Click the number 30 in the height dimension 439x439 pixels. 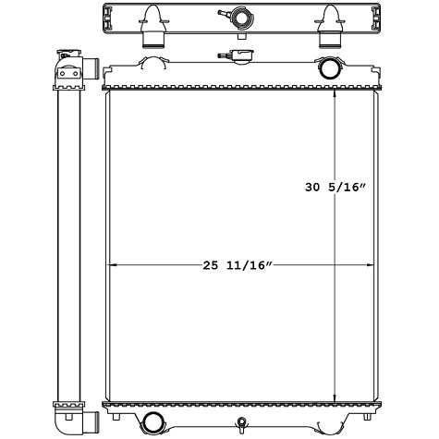click(312, 188)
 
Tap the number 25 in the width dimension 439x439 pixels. click(212, 266)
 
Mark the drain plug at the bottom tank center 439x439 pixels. click(240, 426)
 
